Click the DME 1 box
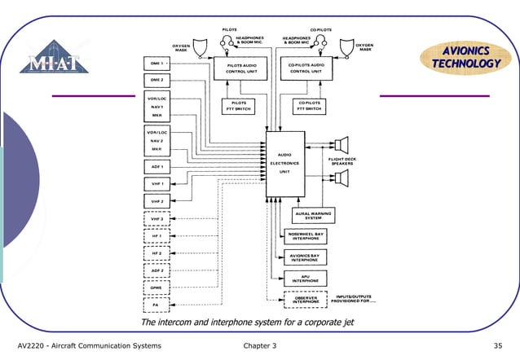(158, 63)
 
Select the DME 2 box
(158, 81)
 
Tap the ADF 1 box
(158, 167)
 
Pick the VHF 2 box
(158, 200)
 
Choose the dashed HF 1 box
(158, 236)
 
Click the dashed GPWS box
(158, 288)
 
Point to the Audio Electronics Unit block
(284, 163)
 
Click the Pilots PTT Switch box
(240, 107)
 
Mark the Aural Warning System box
(313, 216)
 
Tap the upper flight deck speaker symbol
(340, 143)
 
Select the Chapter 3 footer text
(260, 347)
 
